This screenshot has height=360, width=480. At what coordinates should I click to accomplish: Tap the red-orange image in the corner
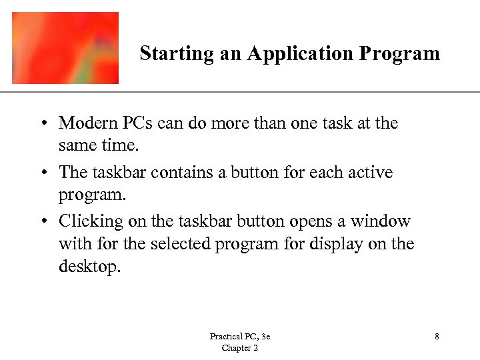65,47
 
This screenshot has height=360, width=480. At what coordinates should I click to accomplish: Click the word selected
180,244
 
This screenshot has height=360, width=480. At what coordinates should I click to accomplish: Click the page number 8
437,337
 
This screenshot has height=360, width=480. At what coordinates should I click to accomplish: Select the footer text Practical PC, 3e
239,337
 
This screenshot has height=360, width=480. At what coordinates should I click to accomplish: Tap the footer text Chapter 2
239,348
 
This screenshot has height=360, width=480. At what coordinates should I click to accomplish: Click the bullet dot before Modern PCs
43,124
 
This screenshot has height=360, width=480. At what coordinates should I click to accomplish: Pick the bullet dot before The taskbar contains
43,173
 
